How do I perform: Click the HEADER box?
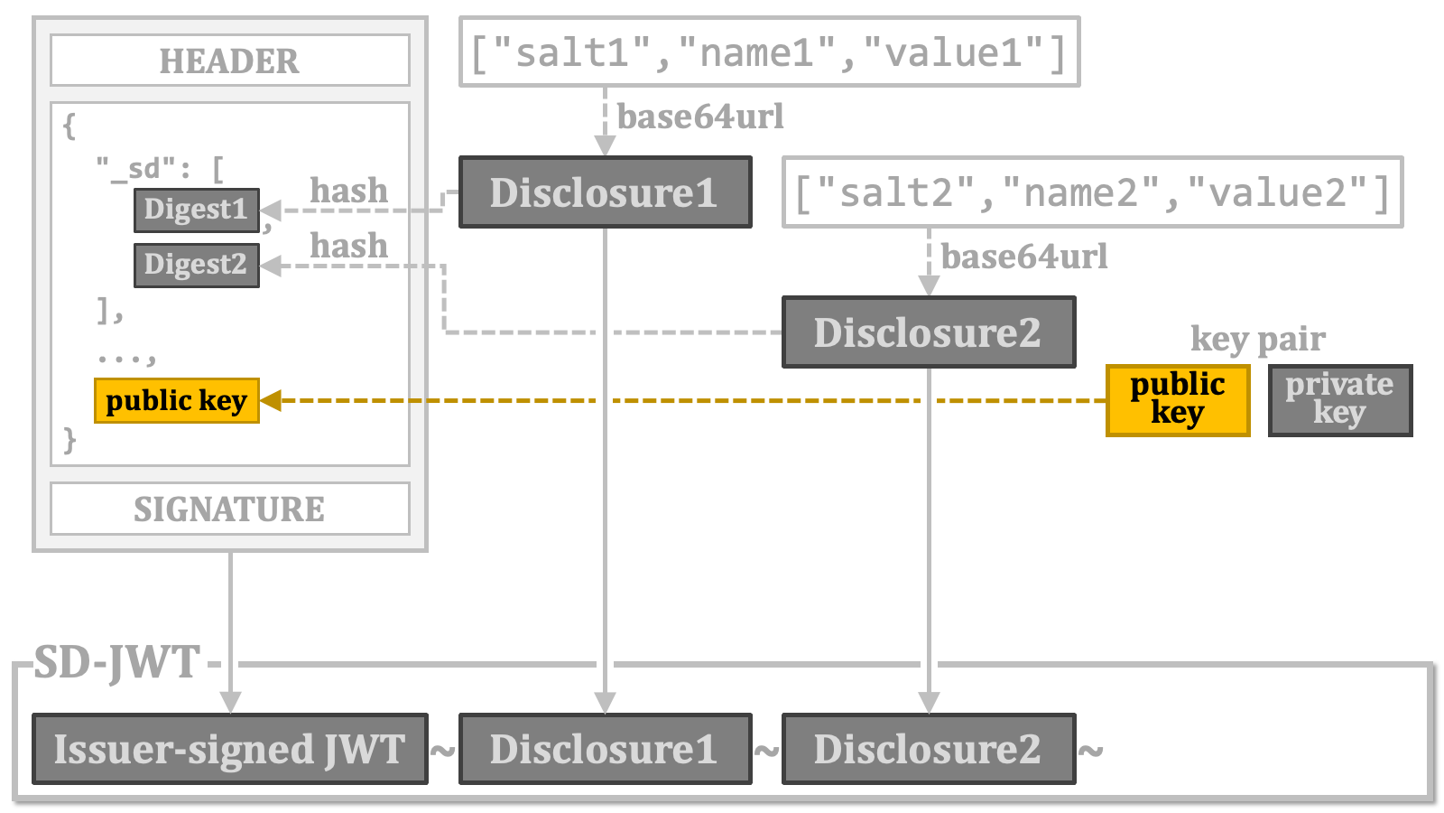[230, 60]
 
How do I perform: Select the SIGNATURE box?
[230, 509]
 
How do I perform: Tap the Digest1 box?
[197, 210]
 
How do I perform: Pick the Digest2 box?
[197, 265]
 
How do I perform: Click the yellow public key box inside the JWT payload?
[177, 401]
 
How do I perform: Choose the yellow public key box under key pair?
[1178, 400]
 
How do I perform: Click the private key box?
[1340, 400]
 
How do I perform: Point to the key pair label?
[1258, 339]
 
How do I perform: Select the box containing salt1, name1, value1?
[770, 51]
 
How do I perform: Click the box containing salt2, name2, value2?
[1093, 192]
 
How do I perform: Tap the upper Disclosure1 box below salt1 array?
[606, 192]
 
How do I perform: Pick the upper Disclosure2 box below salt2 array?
[929, 332]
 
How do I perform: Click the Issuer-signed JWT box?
[230, 749]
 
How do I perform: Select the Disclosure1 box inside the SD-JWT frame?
[606, 749]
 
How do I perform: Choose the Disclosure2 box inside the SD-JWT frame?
[929, 749]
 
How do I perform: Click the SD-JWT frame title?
[116, 662]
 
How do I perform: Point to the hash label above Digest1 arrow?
[348, 191]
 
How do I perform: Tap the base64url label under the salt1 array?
[700, 117]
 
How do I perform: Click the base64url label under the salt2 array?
[1024, 257]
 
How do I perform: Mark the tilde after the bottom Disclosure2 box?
[1090, 751]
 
